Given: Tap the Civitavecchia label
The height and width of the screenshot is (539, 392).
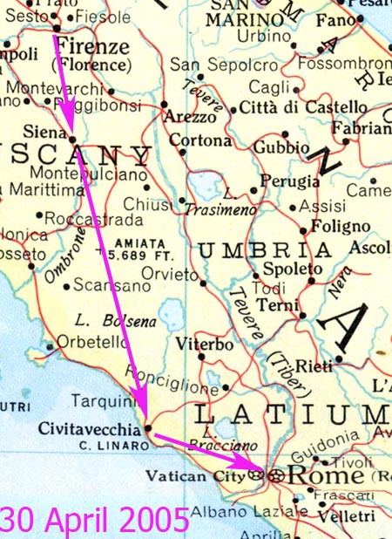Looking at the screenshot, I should point(89,429).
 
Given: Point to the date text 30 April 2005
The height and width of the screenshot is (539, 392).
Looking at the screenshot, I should point(94,520).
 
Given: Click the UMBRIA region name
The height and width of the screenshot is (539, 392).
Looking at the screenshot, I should point(252,251).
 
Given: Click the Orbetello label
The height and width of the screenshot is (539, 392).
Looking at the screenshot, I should point(87,343).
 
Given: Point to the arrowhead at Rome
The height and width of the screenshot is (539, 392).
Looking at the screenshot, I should point(253,471).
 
